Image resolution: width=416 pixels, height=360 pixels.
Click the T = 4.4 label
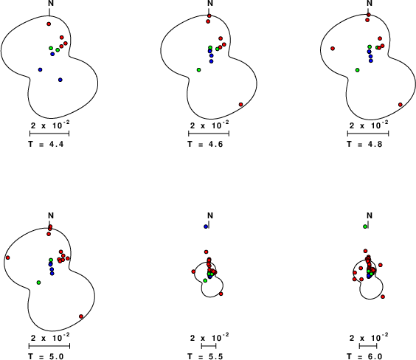click(x=46, y=144)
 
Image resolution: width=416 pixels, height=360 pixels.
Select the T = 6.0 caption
click(x=364, y=356)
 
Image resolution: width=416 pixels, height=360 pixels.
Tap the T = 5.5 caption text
click(x=205, y=356)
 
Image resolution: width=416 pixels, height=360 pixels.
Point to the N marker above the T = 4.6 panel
click(x=210, y=3)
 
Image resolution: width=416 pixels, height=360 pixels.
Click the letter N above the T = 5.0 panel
click(x=51, y=215)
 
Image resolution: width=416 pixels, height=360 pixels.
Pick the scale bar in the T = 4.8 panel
click(x=368, y=134)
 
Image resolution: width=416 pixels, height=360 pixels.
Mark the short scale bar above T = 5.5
click(x=209, y=346)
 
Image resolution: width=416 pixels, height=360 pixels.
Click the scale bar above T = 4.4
click(x=49, y=134)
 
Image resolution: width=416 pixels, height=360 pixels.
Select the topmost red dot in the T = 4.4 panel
click(x=49, y=24)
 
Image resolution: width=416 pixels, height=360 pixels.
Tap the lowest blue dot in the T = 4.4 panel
click(x=60, y=80)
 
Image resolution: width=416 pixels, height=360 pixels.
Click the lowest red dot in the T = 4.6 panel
click(x=241, y=105)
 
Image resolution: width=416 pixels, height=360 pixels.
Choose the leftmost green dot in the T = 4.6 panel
click(x=198, y=70)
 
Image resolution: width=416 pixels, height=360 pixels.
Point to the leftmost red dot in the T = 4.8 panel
click(x=333, y=48)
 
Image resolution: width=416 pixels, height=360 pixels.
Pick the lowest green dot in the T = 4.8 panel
click(x=358, y=70)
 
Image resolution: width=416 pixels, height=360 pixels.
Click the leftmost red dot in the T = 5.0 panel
click(x=7, y=257)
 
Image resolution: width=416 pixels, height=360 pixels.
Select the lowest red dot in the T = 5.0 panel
click(x=81, y=316)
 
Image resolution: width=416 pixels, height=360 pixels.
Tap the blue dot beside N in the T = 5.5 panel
click(x=206, y=226)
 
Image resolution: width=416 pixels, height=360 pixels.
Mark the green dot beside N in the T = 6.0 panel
click(x=365, y=226)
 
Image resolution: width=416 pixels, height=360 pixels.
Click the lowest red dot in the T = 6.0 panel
click(x=383, y=297)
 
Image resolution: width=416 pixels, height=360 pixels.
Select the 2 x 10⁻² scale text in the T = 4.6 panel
click(x=209, y=125)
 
